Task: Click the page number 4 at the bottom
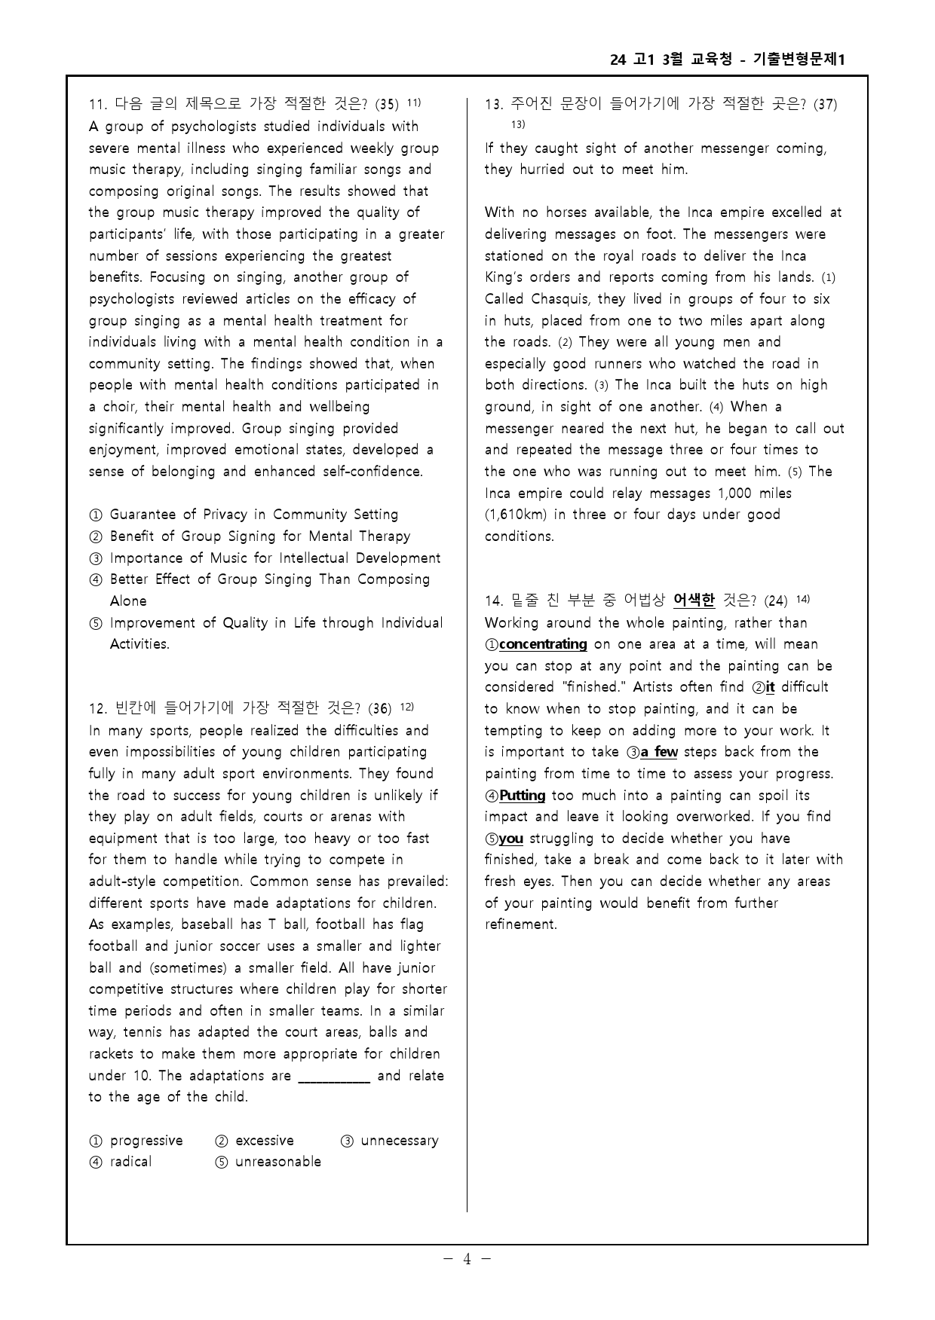467,1259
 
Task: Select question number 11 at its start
99,105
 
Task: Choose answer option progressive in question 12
146,1141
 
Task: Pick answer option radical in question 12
130,1162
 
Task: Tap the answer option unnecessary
399,1141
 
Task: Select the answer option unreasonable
277,1162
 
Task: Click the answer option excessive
264,1141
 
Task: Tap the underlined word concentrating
543,644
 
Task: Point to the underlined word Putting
523,796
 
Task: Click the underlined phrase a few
659,752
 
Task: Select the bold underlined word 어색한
694,600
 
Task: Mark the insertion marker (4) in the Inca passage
716,408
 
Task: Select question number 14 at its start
494,601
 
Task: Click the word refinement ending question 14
520,924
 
